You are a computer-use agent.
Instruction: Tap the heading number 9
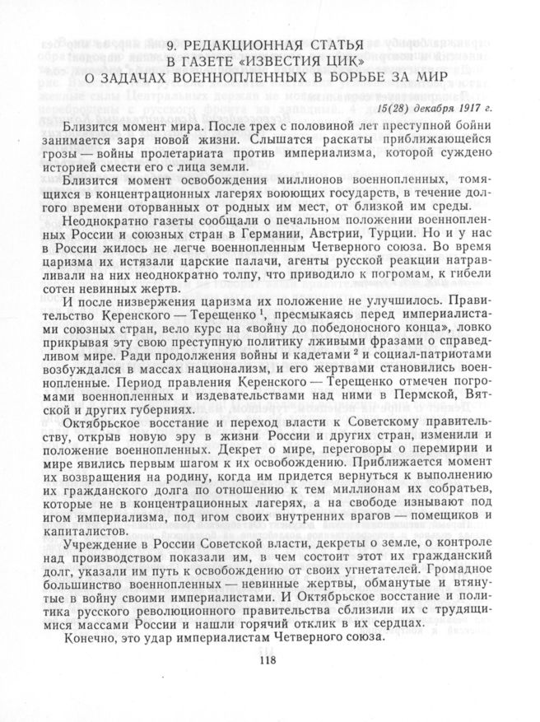(170, 45)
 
